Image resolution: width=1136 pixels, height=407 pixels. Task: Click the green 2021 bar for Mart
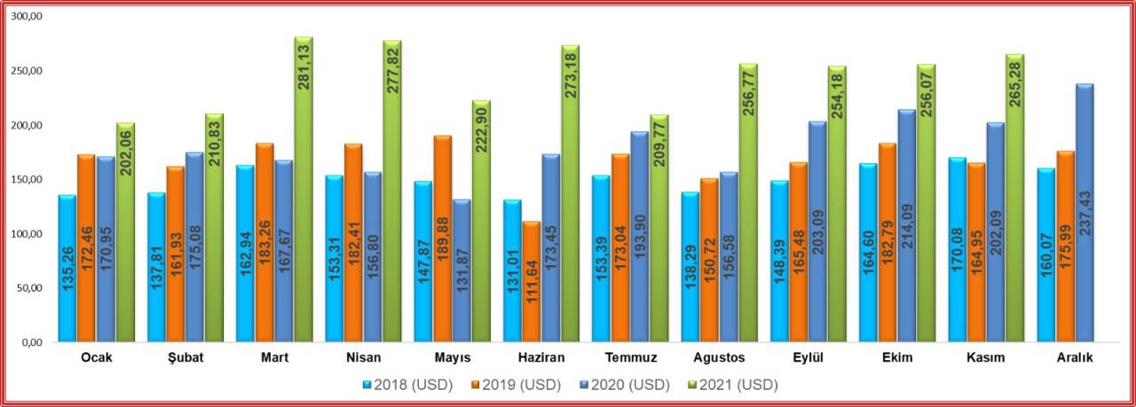click(x=304, y=190)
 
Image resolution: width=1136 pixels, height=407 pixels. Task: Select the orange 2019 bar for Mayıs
click(x=443, y=239)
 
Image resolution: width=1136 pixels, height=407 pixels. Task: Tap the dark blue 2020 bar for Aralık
click(x=1085, y=214)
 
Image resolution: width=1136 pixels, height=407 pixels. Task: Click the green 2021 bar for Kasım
click(x=1014, y=199)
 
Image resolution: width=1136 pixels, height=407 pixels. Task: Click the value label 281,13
click(x=304, y=75)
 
